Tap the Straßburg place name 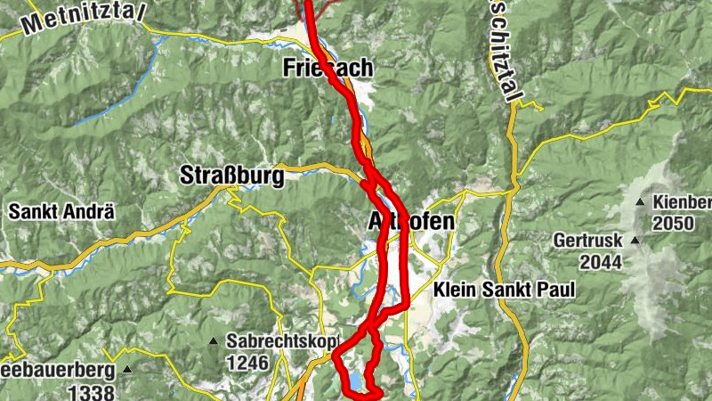232,175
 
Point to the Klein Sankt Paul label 504,291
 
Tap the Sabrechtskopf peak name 270,341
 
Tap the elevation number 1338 91,393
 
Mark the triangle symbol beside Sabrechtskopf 213,342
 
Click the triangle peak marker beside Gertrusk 635,241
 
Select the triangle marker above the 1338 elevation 128,370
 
